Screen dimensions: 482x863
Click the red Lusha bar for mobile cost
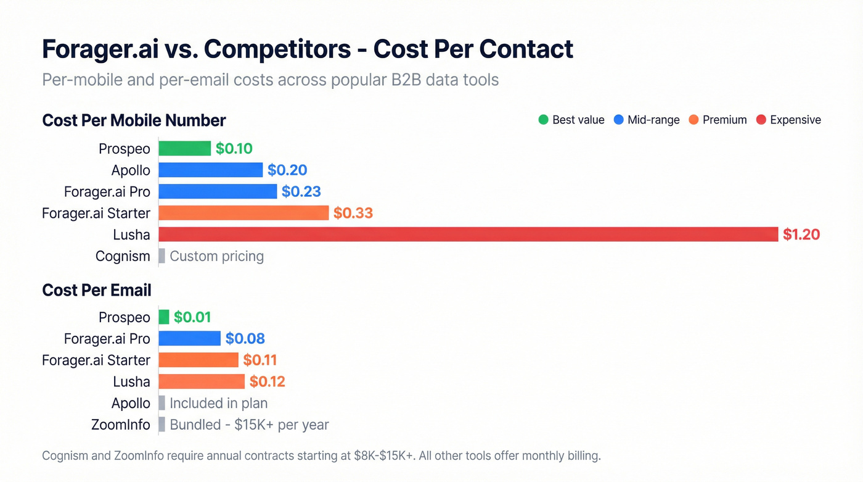point(468,234)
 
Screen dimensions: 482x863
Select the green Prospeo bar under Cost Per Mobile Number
point(184,148)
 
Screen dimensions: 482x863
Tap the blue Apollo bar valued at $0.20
point(210,170)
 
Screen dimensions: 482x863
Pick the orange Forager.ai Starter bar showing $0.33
point(243,213)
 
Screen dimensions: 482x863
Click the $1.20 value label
point(801,235)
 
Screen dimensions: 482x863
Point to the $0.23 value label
point(301,191)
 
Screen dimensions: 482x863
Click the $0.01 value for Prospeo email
point(192,317)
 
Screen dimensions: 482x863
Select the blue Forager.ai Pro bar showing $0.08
point(189,338)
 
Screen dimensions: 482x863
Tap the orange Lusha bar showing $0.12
point(202,381)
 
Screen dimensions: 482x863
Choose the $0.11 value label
point(260,360)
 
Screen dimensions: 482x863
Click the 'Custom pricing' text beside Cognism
point(216,256)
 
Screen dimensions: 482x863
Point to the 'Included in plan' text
point(218,403)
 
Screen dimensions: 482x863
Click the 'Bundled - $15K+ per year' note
point(249,425)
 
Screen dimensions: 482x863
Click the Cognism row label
point(123,256)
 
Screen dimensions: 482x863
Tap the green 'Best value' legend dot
point(543,120)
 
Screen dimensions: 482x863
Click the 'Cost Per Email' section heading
point(97,290)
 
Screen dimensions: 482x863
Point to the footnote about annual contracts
point(321,456)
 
